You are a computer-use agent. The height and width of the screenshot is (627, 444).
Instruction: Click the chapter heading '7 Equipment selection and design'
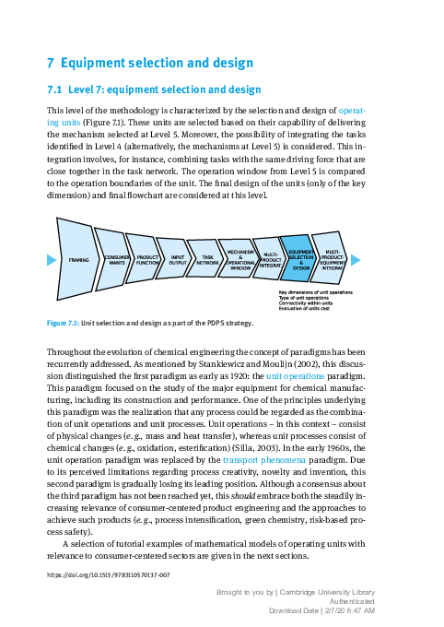[x=149, y=64]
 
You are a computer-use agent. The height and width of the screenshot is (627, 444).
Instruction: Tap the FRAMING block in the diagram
[x=78, y=260]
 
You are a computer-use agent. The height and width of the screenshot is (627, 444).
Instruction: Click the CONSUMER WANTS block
[x=117, y=260]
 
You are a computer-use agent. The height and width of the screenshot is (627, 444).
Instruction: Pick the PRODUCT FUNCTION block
[x=147, y=260]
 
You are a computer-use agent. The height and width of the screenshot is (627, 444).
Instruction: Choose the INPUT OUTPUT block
[x=178, y=260]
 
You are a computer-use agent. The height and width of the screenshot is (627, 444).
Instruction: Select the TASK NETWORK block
[x=208, y=260]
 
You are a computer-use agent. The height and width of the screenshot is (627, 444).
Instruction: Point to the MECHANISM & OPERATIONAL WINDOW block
[x=240, y=259]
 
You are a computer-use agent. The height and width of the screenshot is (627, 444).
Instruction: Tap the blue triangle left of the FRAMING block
[x=51, y=260]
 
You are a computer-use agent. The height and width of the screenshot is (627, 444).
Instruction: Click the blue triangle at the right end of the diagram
[x=356, y=259]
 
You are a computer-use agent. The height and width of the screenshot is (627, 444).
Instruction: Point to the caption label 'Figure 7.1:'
[x=63, y=324]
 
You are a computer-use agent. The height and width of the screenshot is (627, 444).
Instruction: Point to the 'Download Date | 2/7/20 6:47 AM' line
[x=321, y=610]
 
